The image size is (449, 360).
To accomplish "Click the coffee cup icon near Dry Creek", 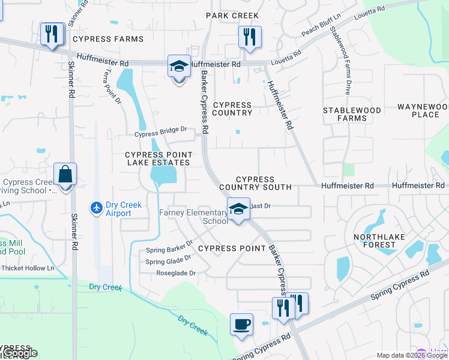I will [241, 325].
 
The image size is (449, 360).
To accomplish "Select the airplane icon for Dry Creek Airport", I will [96, 208].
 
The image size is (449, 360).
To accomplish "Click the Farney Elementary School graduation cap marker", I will [238, 209].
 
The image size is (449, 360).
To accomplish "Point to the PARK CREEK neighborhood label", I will [232, 16].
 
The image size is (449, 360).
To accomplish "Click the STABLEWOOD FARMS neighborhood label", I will [352, 114].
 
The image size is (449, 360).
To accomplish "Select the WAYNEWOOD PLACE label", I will [422, 110].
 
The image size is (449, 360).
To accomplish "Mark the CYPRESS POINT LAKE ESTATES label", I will [157, 158].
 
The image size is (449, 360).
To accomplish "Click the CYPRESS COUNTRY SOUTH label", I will [264, 183].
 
